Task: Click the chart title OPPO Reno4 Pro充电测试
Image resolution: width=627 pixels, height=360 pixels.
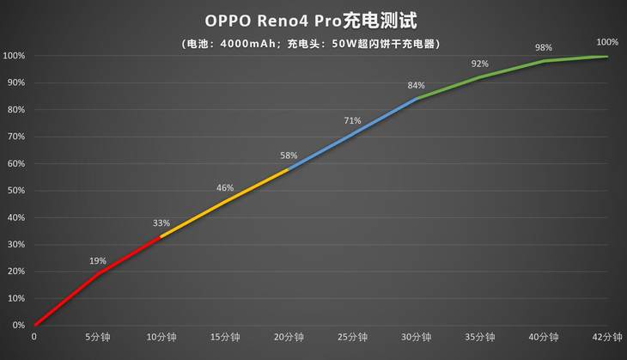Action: pyautogui.click(x=313, y=20)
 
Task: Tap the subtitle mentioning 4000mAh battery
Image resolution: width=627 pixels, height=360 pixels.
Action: pyautogui.click(x=313, y=42)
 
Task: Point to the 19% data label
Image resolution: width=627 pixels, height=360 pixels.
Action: pyautogui.click(x=98, y=260)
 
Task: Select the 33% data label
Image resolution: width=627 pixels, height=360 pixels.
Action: pyautogui.click(x=161, y=223)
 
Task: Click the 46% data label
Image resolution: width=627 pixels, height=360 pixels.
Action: pyautogui.click(x=225, y=187)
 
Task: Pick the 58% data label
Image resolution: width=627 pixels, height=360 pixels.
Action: pyautogui.click(x=289, y=156)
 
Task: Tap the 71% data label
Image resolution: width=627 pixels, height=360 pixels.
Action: pyautogui.click(x=352, y=120)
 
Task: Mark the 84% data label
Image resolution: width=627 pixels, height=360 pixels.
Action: pyautogui.click(x=417, y=85)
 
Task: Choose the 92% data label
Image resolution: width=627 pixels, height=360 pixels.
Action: pyautogui.click(x=479, y=64)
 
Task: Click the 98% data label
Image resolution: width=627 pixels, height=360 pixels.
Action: pyautogui.click(x=543, y=47)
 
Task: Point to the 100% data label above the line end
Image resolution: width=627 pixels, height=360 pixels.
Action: pyautogui.click(x=607, y=41)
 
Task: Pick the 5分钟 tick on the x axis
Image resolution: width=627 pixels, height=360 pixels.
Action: pyautogui.click(x=98, y=337)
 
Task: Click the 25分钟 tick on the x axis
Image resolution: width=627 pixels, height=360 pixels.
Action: pyautogui.click(x=352, y=337)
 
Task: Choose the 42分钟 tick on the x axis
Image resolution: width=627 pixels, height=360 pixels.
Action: pyautogui.click(x=607, y=337)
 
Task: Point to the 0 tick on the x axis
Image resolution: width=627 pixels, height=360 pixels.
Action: pyautogui.click(x=34, y=337)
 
